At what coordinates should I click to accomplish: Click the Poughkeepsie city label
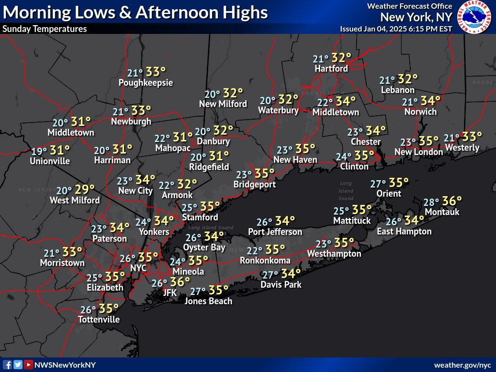tap(146, 83)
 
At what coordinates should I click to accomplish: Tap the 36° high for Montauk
tap(452, 201)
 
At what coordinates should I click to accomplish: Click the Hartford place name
tap(331, 69)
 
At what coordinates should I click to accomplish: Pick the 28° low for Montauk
tap(431, 202)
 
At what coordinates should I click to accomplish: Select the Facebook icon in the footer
tap(7, 365)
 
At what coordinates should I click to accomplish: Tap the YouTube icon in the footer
tap(29, 365)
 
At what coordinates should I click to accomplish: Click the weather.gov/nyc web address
tap(463, 365)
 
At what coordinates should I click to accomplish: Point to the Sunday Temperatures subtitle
tap(45, 29)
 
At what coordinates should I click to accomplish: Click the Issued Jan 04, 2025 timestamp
tap(396, 29)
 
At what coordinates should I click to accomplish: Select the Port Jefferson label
tap(275, 232)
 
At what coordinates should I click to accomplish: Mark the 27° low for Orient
tap(378, 184)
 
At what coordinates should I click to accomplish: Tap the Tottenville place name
tap(99, 319)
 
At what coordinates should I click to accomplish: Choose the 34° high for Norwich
tap(430, 101)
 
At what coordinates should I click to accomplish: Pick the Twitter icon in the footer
tap(18, 365)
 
